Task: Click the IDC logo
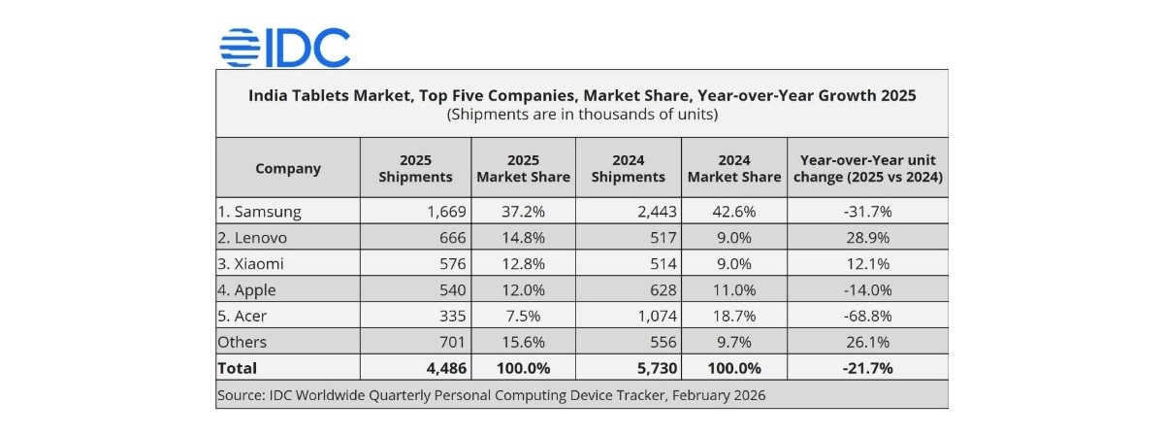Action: pos(284,47)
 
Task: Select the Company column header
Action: pos(287,168)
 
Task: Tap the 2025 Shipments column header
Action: pos(415,168)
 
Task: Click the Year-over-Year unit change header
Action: pos(867,168)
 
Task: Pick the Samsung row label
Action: pos(261,211)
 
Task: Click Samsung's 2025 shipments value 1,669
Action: pos(446,211)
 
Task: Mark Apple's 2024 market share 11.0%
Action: pos(733,289)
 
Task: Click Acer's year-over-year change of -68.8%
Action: pos(867,316)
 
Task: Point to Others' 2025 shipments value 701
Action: pos(453,342)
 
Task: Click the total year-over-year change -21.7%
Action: pos(867,368)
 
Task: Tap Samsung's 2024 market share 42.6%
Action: pos(733,211)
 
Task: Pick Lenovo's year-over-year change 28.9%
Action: pos(867,237)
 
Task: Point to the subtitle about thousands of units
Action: pos(581,115)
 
